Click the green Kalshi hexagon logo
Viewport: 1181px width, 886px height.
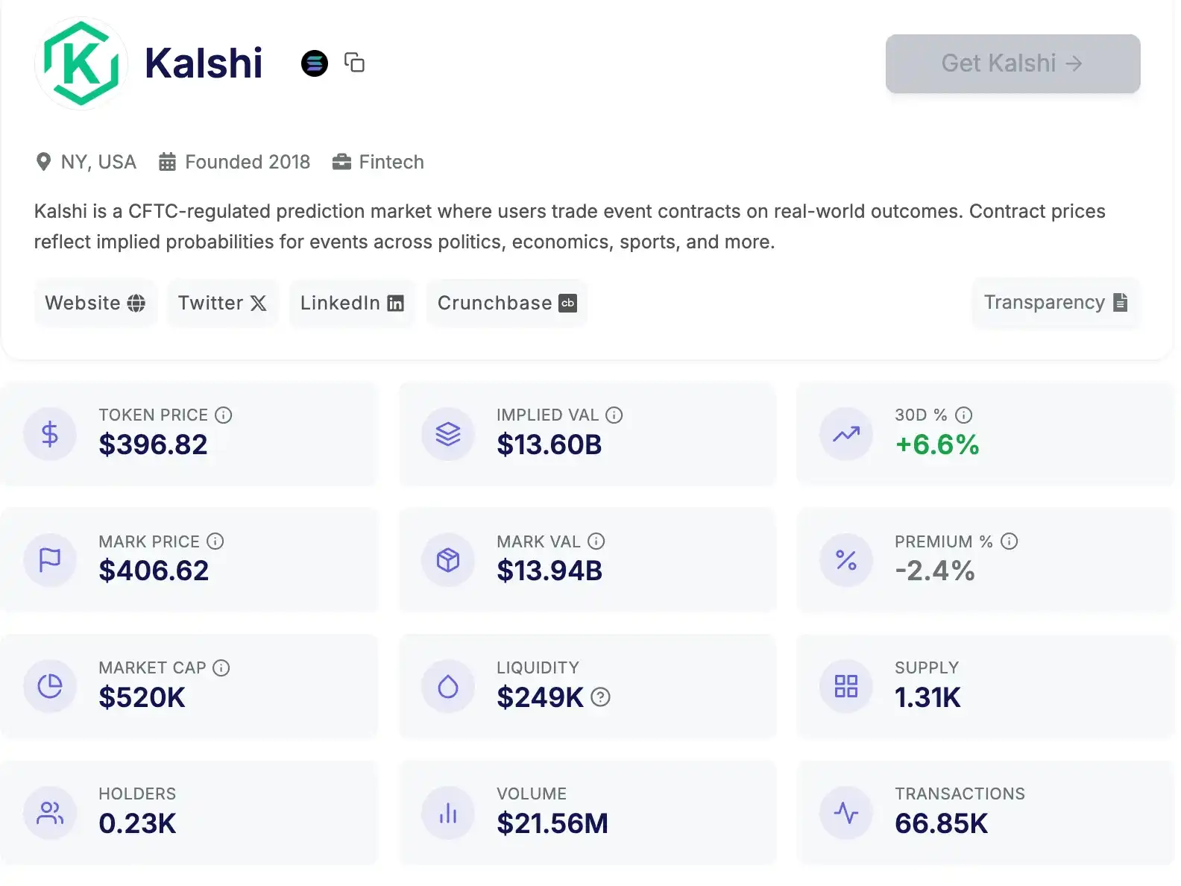(81, 63)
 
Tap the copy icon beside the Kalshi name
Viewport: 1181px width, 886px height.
(354, 63)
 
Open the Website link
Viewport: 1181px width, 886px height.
(95, 303)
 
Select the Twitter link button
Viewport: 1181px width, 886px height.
(222, 303)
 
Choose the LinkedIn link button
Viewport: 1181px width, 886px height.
(352, 303)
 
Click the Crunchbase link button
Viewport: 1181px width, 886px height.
(507, 303)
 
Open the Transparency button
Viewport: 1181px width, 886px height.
(1056, 302)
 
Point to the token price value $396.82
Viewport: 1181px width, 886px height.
(153, 444)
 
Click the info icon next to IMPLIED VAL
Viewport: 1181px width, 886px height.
(614, 415)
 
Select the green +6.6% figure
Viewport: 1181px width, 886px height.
(936, 444)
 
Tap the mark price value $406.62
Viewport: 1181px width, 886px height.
(154, 571)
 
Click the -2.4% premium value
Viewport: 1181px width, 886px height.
(935, 571)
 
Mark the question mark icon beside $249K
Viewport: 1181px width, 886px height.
(600, 697)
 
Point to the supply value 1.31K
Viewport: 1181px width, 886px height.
(928, 697)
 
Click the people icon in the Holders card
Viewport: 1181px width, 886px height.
(50, 813)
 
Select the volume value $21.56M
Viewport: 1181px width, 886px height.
(552, 823)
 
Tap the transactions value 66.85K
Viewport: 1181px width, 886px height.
(941, 823)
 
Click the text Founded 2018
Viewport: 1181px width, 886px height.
(247, 162)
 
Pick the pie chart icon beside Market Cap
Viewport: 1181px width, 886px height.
(50, 686)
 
